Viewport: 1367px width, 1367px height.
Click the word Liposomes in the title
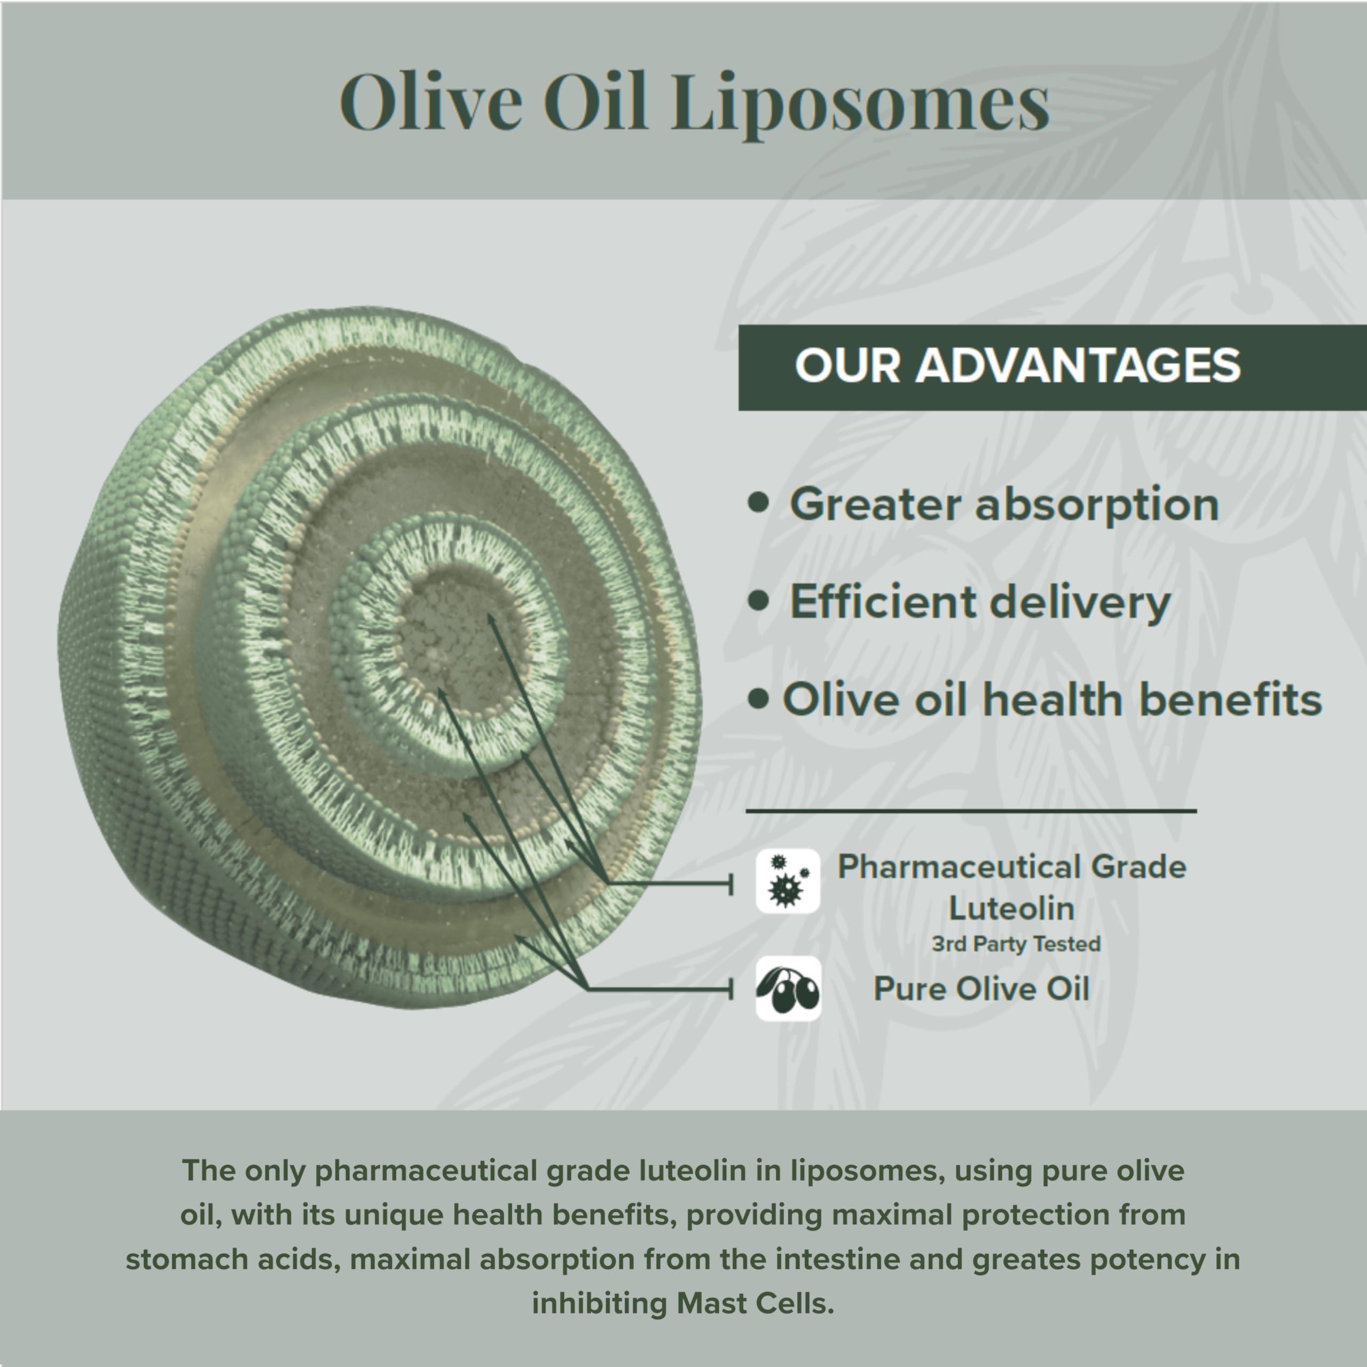click(860, 104)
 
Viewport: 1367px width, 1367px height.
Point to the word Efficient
click(882, 602)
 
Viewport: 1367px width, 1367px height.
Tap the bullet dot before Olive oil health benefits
click(758, 700)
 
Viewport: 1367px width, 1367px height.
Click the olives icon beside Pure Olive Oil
click(788, 988)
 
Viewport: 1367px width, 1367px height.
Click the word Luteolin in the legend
click(1011, 908)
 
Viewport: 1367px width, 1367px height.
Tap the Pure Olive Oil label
click(981, 988)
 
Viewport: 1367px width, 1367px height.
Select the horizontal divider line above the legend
click(971, 812)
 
